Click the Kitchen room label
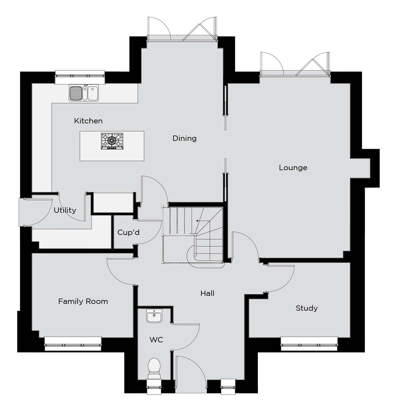(88, 121)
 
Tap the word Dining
(184, 138)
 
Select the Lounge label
(293, 168)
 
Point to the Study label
(307, 308)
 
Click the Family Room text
(83, 302)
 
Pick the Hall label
(207, 293)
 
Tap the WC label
(156, 340)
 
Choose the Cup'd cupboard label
(128, 233)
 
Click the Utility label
(65, 210)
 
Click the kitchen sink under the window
(84, 93)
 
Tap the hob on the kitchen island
(112, 141)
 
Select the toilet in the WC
(154, 369)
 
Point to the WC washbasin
(154, 316)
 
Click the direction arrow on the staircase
(203, 221)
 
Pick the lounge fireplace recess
(360, 168)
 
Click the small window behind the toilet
(154, 387)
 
